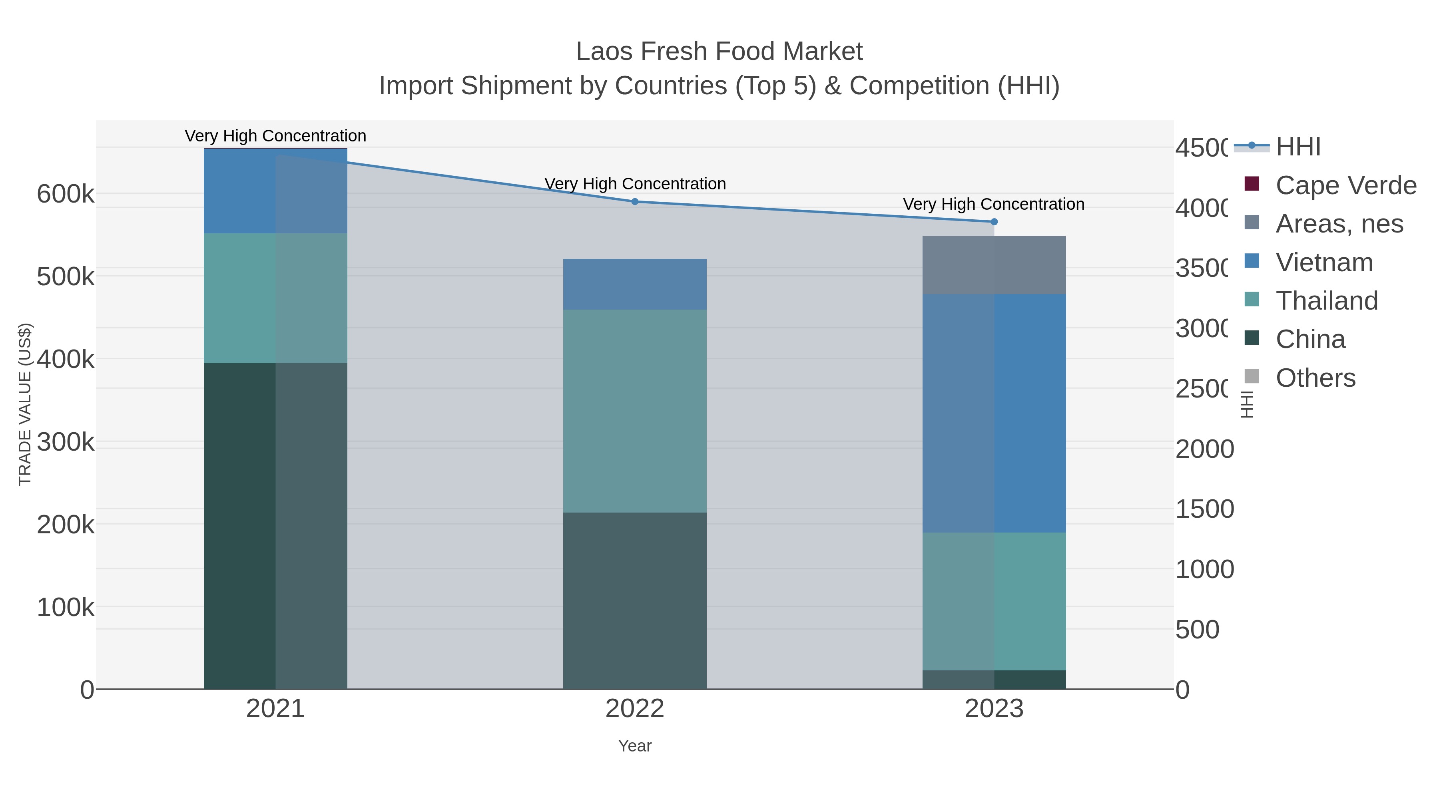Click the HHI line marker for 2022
tap(635, 202)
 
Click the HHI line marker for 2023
tap(994, 222)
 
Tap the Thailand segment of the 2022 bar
tap(635, 411)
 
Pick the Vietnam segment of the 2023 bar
tap(994, 413)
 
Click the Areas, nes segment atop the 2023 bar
tap(994, 265)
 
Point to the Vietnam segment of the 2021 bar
tap(275, 191)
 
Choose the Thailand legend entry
tap(1326, 301)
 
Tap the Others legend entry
tap(1315, 378)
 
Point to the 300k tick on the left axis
tap(66, 442)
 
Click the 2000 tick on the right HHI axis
tap(1204, 449)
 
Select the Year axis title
tap(635, 746)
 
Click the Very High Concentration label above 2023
tap(993, 204)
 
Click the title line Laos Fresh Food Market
tap(719, 52)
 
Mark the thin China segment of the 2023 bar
tap(994, 680)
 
